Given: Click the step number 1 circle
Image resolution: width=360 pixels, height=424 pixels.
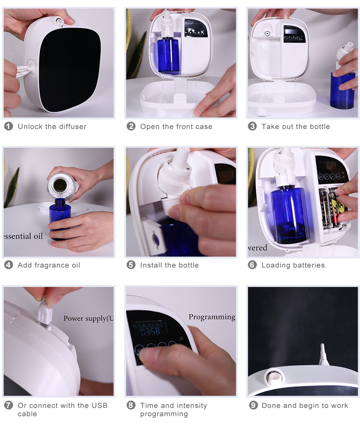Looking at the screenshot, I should coord(8,126).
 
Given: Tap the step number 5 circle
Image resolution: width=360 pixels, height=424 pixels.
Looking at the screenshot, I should coord(131,265).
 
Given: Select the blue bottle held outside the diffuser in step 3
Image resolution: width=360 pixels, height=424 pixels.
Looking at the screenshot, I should coord(342,90).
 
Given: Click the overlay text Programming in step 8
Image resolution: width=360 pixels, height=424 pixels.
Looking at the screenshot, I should coord(212,317).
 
